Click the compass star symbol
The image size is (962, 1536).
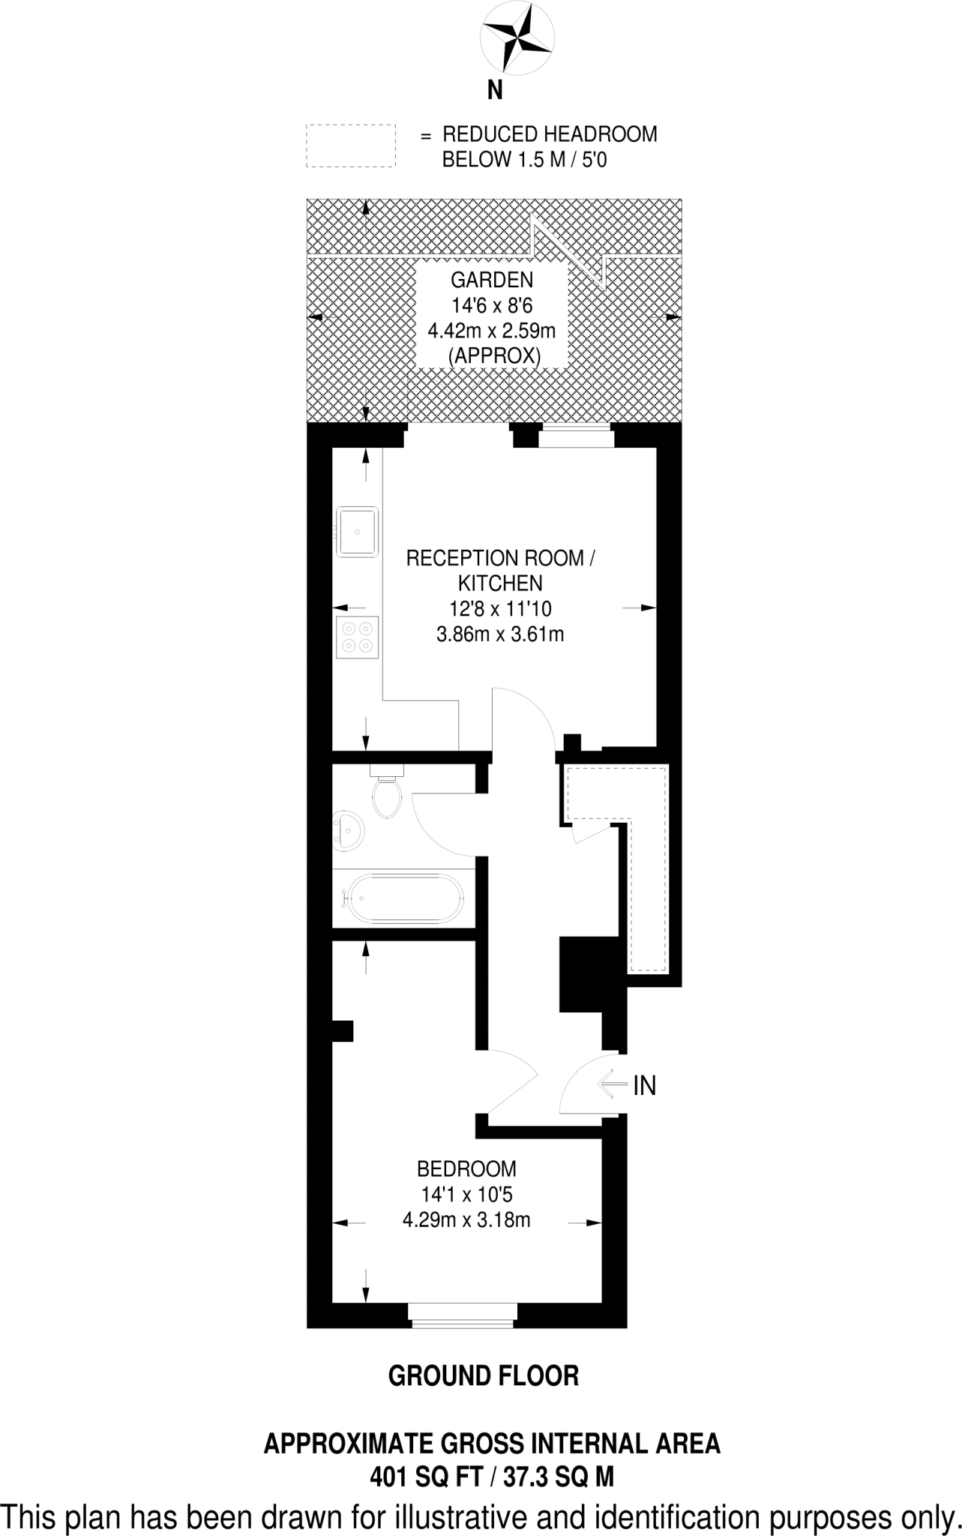click(518, 37)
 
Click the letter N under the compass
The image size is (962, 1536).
click(495, 91)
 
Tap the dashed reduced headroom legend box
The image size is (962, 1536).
click(350, 145)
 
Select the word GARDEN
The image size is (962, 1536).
click(491, 280)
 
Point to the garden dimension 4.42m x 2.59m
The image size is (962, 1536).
click(491, 330)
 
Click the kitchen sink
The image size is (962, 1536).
click(357, 531)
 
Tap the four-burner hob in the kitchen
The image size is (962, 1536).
click(357, 637)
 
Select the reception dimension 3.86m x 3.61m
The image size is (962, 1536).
click(500, 634)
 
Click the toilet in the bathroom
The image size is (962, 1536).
click(387, 795)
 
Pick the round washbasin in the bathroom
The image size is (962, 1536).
click(349, 830)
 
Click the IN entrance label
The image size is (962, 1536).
click(644, 1085)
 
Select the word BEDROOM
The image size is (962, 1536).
click(466, 1168)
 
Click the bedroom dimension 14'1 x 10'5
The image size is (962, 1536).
click(466, 1194)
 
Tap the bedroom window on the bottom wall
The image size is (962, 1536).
click(463, 1314)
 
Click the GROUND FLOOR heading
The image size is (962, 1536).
click(484, 1375)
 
